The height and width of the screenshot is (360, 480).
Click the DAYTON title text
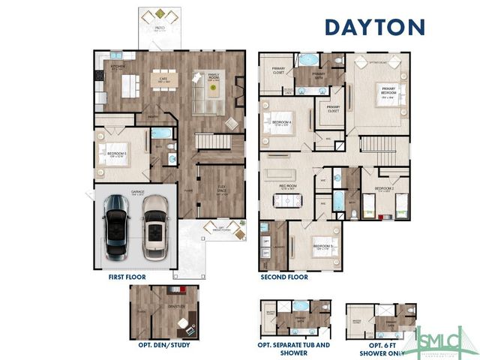click(374, 27)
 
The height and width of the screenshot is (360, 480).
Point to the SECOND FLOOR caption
click(284, 277)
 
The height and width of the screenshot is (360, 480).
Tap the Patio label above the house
click(160, 28)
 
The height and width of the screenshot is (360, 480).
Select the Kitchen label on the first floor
click(118, 67)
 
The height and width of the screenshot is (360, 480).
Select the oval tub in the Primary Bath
click(308, 59)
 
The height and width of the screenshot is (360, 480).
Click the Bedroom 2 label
click(384, 189)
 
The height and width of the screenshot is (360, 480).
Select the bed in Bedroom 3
click(320, 247)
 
